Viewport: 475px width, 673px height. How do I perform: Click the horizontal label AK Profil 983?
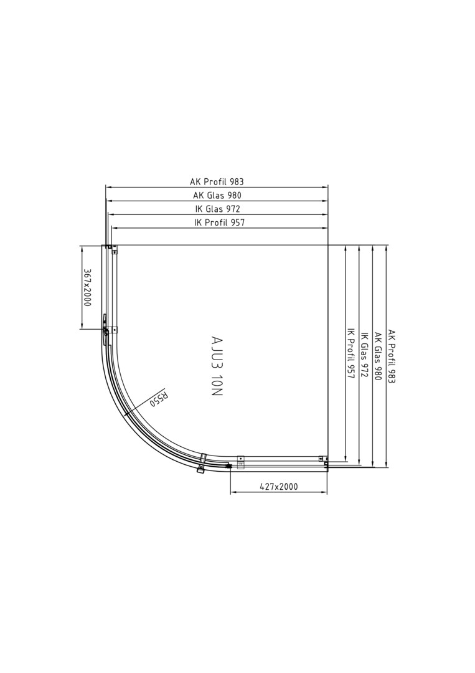click(217, 181)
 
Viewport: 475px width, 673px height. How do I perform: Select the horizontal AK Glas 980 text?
click(217, 195)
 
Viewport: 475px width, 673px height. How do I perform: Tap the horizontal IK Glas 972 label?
click(217, 209)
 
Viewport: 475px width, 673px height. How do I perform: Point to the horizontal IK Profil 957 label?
click(220, 222)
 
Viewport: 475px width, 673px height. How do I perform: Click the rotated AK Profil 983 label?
click(392, 356)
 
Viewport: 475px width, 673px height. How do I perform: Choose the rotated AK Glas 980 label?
click(378, 356)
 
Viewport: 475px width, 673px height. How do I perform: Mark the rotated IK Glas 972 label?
click(364, 355)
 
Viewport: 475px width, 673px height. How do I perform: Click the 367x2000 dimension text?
click(87, 287)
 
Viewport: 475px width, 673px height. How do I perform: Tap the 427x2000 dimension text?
click(279, 486)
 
